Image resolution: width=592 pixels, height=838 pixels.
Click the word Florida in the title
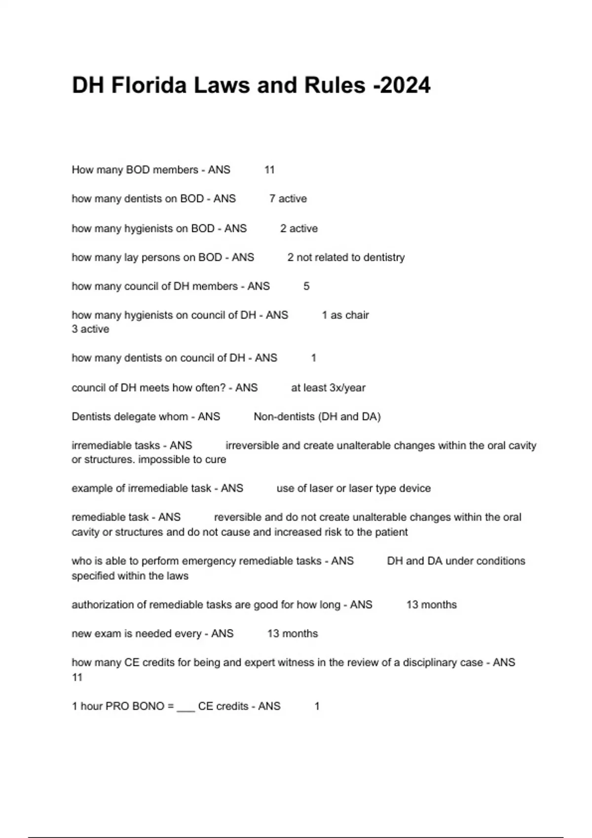[148, 85]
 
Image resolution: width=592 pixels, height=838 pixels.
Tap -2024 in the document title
[402, 85]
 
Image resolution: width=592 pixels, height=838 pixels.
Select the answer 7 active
[288, 199]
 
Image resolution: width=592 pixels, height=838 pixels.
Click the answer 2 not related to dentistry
[346, 257]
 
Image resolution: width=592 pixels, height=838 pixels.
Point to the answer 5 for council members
[306, 286]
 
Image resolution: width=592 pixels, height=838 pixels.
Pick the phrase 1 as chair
[345, 315]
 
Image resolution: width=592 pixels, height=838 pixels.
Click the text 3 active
[90, 329]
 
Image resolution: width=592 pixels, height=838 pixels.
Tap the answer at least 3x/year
[328, 388]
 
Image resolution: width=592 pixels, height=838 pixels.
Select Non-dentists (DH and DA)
[317, 417]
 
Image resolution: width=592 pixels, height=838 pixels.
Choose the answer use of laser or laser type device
[353, 489]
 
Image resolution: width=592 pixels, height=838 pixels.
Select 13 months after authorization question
[431, 605]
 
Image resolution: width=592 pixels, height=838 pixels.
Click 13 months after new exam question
[292, 634]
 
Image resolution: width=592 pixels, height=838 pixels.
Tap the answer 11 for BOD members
[269, 170]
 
